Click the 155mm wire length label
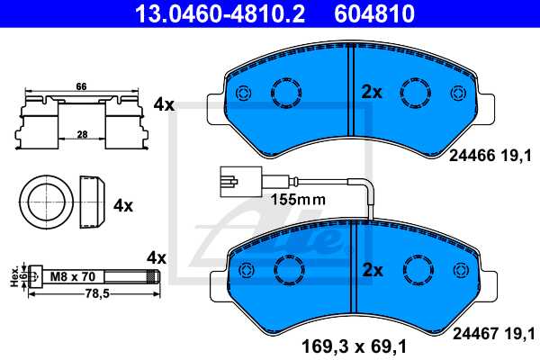pos(298,200)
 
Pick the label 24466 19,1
pos(490,155)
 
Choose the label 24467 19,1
pos(490,330)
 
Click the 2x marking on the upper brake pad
pos(372,91)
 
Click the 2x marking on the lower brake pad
pos(372,269)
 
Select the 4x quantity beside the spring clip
pos(163,104)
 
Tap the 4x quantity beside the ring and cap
pos(123,205)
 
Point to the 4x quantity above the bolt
pos(157,257)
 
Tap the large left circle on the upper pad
pos(287,93)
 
